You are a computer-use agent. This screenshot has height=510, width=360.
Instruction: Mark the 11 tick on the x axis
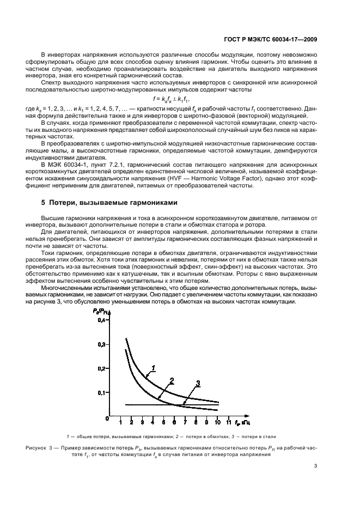229,422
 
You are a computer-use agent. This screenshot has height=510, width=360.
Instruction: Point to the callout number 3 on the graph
198,383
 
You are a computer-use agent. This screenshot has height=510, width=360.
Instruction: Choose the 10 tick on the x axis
217,422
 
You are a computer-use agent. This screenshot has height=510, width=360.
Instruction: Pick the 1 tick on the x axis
121,422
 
